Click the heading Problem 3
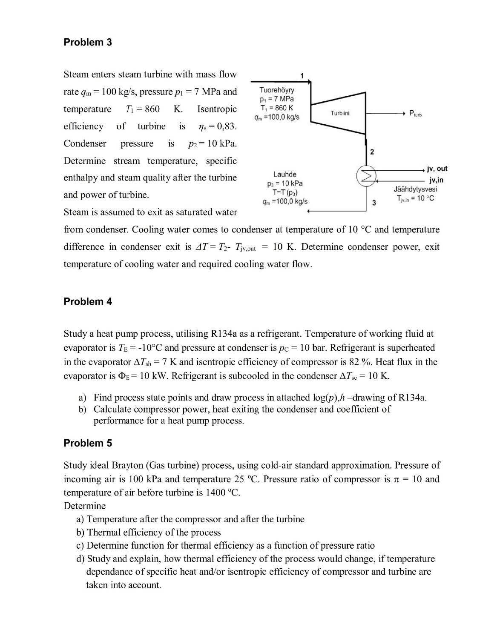coord(88,42)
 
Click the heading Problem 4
coord(88,301)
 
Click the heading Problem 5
coord(88,443)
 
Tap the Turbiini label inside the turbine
coord(340,113)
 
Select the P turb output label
coord(415,113)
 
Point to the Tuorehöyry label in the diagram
coord(277,90)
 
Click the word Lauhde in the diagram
coord(285,174)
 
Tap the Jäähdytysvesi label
coord(415,189)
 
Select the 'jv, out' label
coord(437,169)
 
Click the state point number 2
coord(372,152)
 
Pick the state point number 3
coord(374,202)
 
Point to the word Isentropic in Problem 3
coord(217,109)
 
